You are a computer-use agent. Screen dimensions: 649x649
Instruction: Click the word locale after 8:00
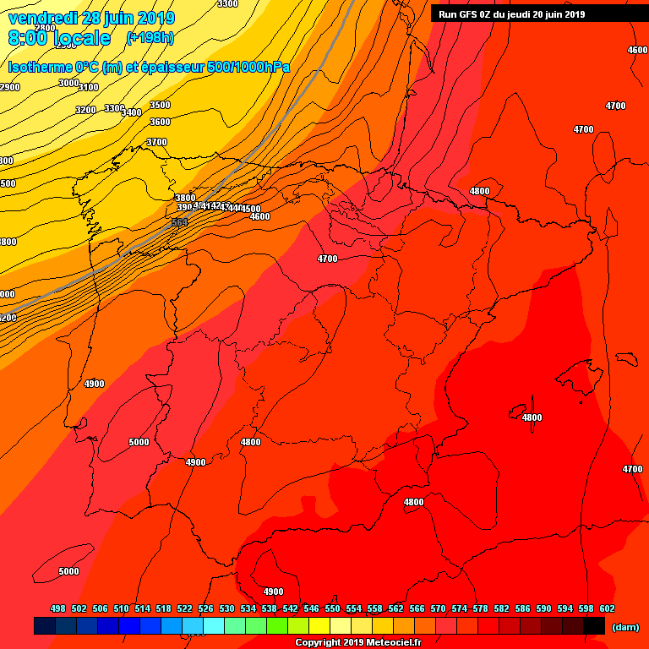click(x=81, y=38)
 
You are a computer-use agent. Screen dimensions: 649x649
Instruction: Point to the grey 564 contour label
click(x=179, y=221)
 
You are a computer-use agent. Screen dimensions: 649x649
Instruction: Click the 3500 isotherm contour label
click(x=160, y=105)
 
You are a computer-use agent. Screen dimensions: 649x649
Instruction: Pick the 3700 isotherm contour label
click(x=156, y=142)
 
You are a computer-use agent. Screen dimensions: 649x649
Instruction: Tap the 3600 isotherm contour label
click(x=160, y=122)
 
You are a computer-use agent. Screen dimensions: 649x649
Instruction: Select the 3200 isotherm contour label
click(x=85, y=110)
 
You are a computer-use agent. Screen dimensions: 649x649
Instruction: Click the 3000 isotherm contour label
click(x=68, y=83)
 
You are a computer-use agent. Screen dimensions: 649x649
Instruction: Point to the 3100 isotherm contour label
click(x=89, y=87)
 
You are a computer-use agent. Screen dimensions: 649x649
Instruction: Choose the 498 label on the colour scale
click(x=58, y=608)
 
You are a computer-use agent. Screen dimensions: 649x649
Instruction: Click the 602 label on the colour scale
click(x=607, y=608)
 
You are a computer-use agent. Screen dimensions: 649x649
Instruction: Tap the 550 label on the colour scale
click(x=332, y=608)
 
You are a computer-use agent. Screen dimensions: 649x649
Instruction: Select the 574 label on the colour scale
click(x=459, y=608)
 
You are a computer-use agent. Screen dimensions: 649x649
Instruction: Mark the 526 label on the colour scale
click(x=205, y=608)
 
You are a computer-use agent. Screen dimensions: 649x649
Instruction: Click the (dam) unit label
click(x=624, y=626)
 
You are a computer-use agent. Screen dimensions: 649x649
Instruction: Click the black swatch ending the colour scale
click(x=593, y=625)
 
